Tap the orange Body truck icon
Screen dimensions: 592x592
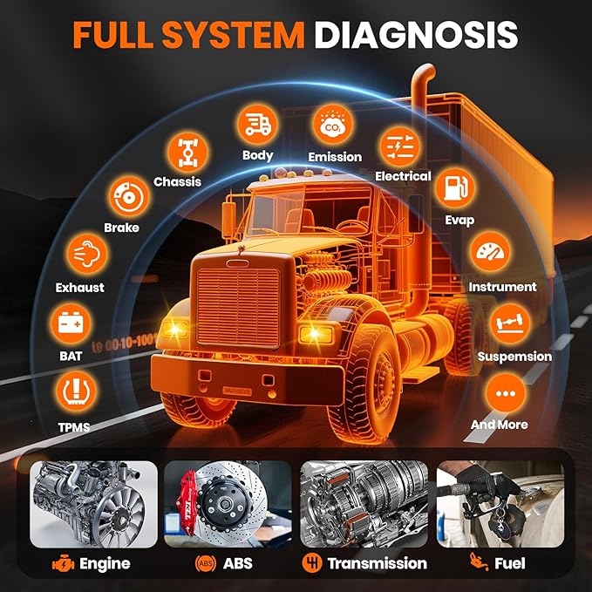(258, 125)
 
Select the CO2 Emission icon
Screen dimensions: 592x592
(334, 125)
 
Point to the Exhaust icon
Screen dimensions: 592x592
(81, 254)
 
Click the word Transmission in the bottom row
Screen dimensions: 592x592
(377, 563)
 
